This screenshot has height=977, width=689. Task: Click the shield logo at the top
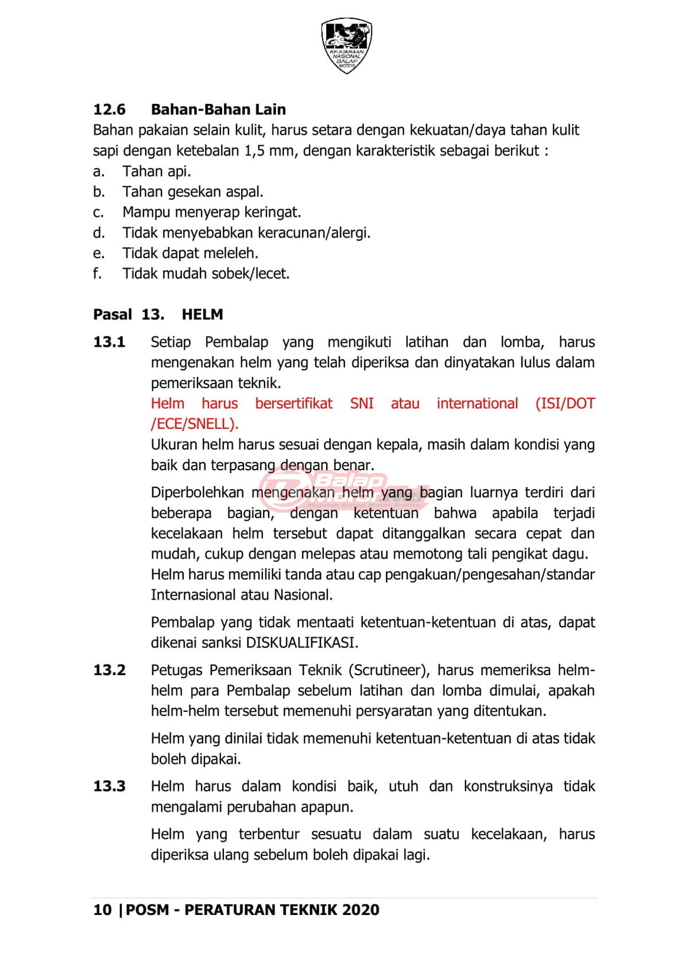(x=346, y=45)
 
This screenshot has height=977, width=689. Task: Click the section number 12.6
(x=109, y=110)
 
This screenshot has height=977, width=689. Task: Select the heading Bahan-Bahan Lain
(x=218, y=110)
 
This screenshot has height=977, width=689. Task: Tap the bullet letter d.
(x=99, y=233)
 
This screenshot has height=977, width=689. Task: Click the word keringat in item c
(x=272, y=212)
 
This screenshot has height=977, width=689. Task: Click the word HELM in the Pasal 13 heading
(x=202, y=315)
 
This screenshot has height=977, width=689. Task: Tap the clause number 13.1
(x=109, y=342)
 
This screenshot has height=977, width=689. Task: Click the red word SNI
(x=362, y=404)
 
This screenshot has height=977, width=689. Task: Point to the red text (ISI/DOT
(x=565, y=404)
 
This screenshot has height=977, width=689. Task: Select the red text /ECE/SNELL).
(x=194, y=424)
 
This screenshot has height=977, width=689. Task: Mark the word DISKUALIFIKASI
(x=302, y=643)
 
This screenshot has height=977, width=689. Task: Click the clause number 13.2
(x=109, y=670)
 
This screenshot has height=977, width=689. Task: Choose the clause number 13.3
(x=109, y=786)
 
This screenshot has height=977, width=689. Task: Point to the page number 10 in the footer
(x=102, y=910)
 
